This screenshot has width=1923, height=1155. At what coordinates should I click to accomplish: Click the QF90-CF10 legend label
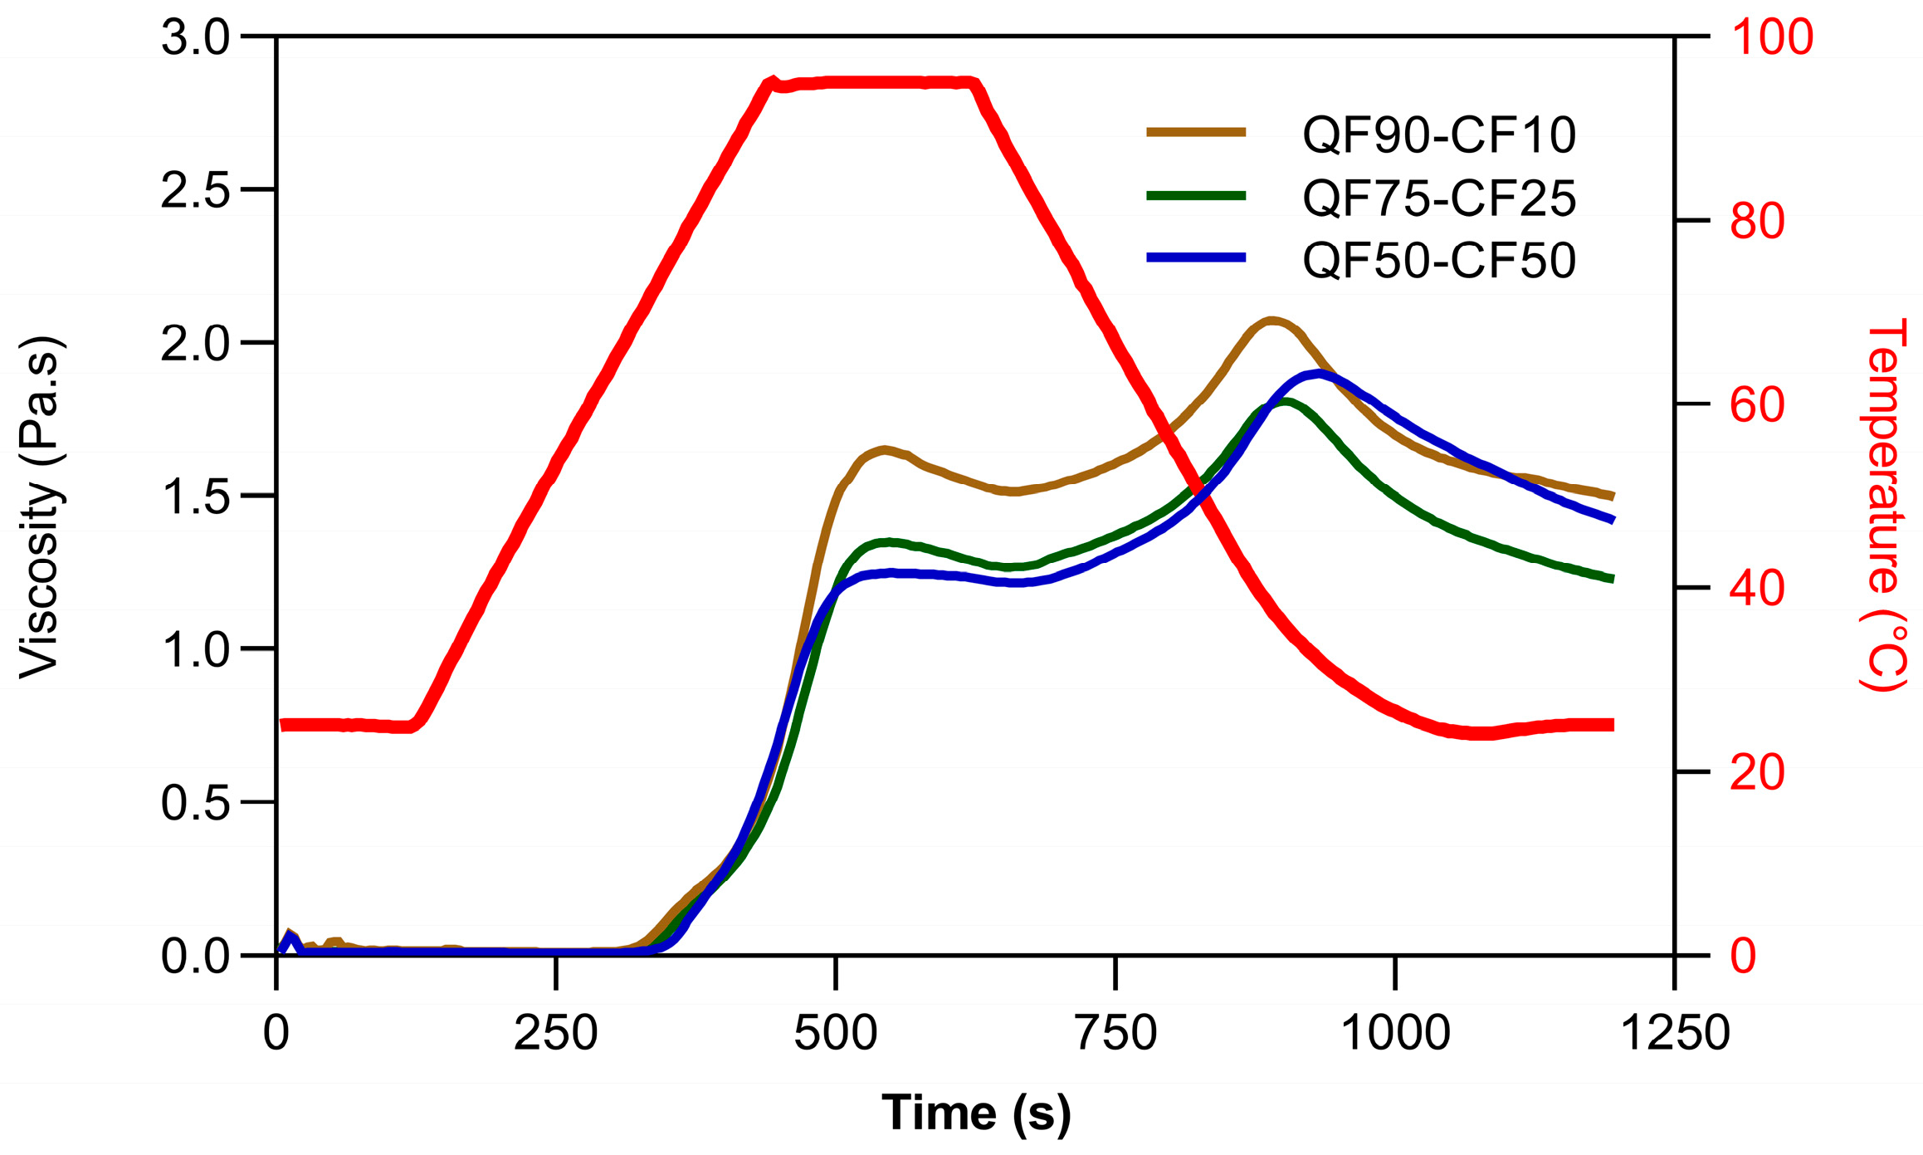click(x=1438, y=135)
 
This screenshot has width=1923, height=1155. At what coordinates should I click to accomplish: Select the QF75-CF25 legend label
click(x=1438, y=198)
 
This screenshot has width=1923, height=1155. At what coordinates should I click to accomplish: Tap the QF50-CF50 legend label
click(x=1438, y=261)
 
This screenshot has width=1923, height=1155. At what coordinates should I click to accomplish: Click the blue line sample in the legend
click(x=1196, y=258)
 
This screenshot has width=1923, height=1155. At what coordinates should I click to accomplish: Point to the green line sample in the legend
click(x=1196, y=196)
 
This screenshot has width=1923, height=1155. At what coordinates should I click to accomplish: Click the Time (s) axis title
click(x=976, y=1113)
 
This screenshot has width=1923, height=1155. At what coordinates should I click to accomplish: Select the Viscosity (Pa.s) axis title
click(x=40, y=507)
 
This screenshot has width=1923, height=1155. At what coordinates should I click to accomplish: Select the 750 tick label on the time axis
click(x=1115, y=1034)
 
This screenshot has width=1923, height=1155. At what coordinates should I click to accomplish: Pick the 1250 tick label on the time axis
click(x=1674, y=1034)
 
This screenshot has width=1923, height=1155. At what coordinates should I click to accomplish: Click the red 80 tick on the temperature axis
click(x=1758, y=222)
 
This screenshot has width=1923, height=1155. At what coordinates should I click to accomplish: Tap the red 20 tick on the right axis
click(x=1758, y=773)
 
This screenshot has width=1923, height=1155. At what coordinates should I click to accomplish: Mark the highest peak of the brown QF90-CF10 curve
click(x=1271, y=321)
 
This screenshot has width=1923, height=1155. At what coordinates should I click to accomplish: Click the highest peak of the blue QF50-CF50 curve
click(x=1319, y=374)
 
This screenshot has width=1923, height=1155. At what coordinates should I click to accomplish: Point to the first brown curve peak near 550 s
click(x=885, y=450)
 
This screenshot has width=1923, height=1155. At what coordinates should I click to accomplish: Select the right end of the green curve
click(x=1612, y=578)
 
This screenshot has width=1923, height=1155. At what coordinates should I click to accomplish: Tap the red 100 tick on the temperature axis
click(x=1771, y=38)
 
